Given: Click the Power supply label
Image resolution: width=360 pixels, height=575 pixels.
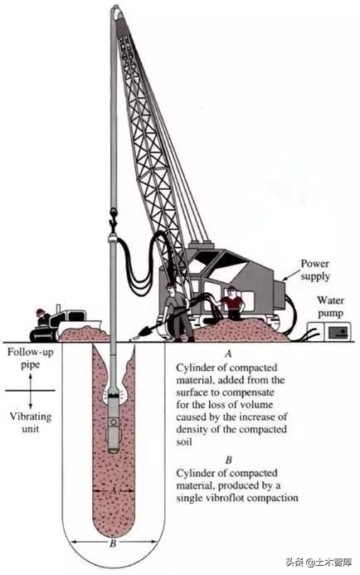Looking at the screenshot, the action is [x=315, y=270].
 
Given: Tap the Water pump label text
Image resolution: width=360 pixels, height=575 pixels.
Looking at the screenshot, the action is [x=331, y=306].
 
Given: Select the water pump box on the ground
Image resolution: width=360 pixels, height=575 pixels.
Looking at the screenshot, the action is [x=328, y=331].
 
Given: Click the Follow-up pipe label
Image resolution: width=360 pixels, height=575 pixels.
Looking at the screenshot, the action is [x=31, y=358].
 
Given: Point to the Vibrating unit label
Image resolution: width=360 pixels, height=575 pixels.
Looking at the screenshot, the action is [x=31, y=422].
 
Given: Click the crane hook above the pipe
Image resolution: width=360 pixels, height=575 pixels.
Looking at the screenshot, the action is [x=114, y=218].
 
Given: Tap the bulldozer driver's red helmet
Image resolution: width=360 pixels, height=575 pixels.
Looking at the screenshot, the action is [x=41, y=312].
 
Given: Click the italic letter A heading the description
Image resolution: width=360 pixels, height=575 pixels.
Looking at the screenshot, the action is [x=228, y=353].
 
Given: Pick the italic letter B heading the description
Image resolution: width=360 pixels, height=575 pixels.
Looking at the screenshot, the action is [x=229, y=460].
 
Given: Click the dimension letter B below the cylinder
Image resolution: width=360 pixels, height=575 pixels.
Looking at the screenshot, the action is [x=113, y=543].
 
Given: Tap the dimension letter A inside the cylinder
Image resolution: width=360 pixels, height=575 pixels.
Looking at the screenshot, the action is [x=113, y=490].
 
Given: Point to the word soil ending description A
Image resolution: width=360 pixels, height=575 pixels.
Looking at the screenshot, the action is [x=184, y=441].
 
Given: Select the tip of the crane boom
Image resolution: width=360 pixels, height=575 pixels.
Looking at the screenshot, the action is [x=116, y=7].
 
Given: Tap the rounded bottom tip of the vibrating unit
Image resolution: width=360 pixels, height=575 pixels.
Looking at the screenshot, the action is [x=114, y=451].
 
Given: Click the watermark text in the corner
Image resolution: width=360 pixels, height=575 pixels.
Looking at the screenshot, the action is [x=319, y=562].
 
